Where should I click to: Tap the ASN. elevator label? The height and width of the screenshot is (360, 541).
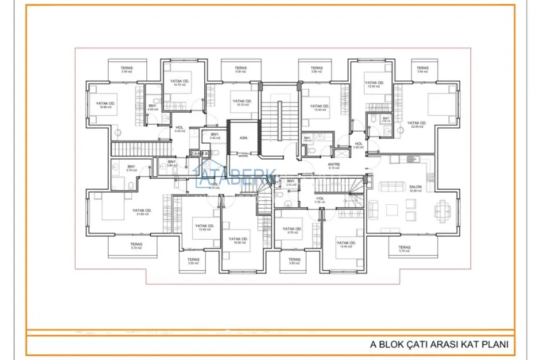[x=243, y=138]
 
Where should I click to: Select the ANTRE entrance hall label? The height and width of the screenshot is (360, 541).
[x=334, y=167]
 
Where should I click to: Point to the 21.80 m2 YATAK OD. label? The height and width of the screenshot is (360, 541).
[x=142, y=212]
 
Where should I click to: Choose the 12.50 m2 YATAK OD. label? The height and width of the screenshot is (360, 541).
[x=374, y=85]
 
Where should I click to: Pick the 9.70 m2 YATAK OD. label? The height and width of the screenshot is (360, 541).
[x=292, y=230]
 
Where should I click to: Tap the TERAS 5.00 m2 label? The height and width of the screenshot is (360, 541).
[x=240, y=69]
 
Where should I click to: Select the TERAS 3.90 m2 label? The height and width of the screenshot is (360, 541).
[x=317, y=69]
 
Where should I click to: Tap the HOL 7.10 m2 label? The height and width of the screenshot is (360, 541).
[x=320, y=200]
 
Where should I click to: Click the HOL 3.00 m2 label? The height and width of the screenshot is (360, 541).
[x=358, y=146]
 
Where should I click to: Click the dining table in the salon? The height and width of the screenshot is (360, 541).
[x=444, y=208]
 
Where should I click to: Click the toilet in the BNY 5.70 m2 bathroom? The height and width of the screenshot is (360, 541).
[x=129, y=184]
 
